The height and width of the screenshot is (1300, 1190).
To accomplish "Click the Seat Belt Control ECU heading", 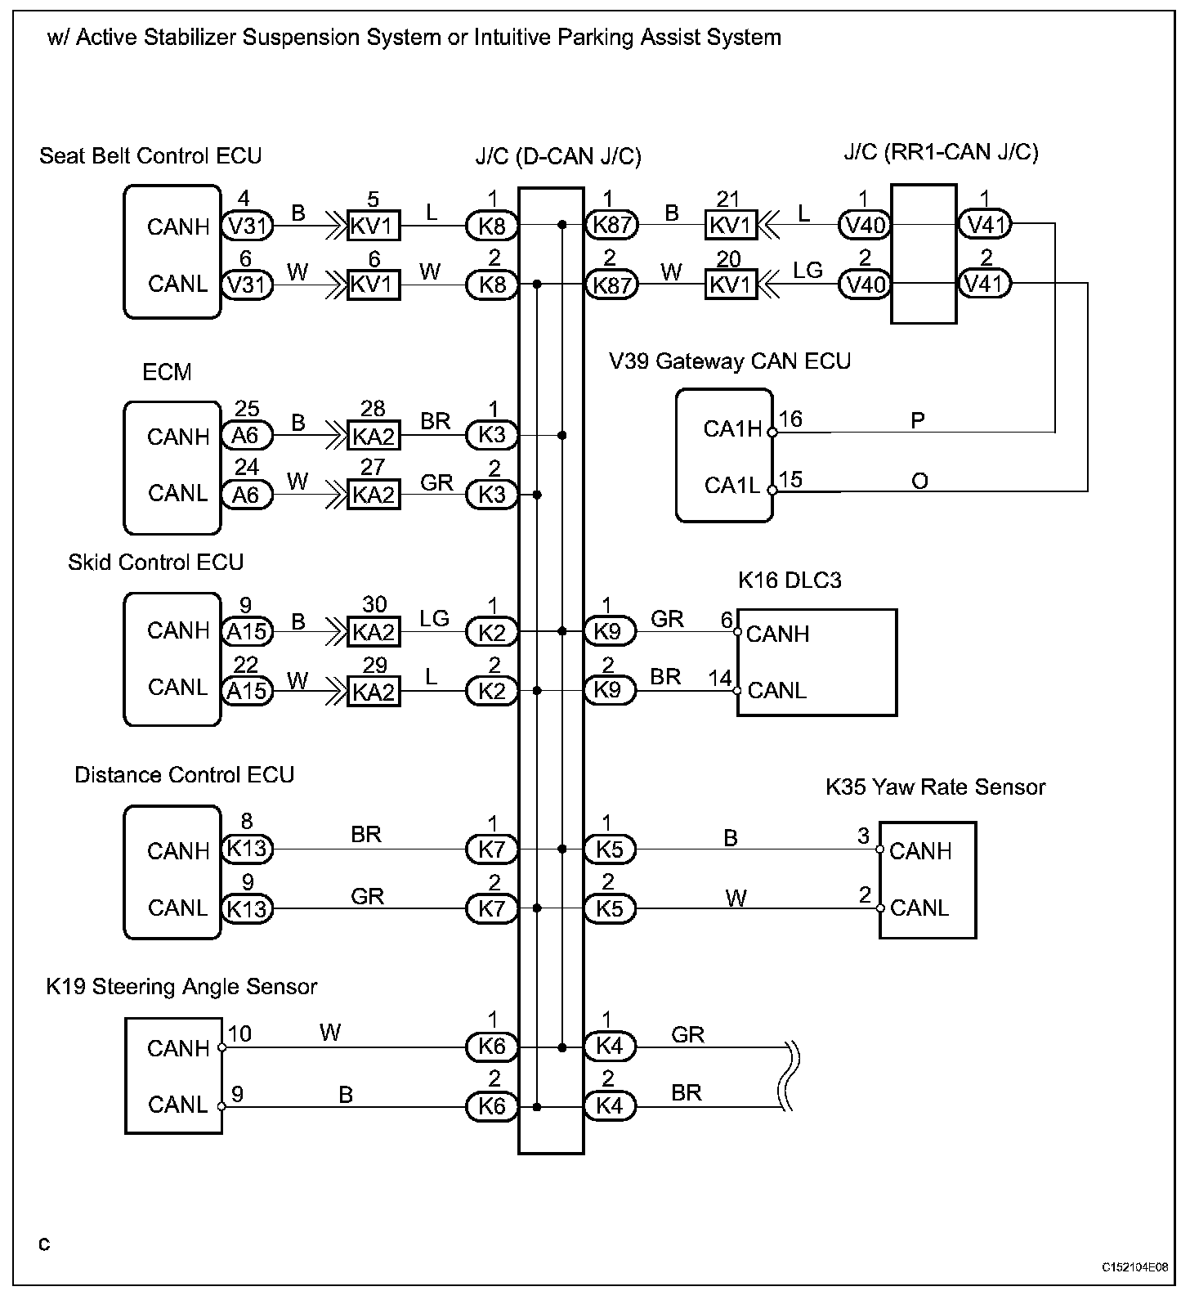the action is click(x=150, y=156).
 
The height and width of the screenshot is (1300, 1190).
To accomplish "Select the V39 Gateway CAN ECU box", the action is click(x=724, y=455).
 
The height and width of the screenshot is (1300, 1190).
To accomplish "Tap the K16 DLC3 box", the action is click(x=817, y=662).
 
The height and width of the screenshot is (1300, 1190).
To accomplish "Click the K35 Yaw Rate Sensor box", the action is click(x=928, y=880).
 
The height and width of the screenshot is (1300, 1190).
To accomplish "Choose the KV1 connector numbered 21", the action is click(x=731, y=225).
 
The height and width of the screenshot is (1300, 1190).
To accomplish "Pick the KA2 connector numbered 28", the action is click(x=374, y=436).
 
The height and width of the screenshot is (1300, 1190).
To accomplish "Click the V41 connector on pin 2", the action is click(x=985, y=284).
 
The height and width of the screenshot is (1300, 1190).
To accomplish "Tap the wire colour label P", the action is click(x=918, y=421).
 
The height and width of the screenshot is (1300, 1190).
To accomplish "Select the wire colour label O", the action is click(x=919, y=482).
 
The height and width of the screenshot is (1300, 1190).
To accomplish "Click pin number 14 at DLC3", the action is click(x=720, y=678).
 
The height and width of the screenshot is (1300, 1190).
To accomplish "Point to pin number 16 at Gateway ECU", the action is click(x=790, y=419).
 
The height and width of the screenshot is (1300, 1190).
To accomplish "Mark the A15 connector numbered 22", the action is click(x=247, y=691).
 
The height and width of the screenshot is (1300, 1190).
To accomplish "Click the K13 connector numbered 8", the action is click(x=247, y=849).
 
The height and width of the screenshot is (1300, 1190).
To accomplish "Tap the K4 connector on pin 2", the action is click(x=610, y=1107).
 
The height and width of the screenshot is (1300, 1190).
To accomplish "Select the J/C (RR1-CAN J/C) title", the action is click(x=942, y=153).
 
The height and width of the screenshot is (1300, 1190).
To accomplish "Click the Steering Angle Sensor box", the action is click(x=173, y=1076).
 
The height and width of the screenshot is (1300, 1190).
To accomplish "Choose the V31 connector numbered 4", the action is click(x=247, y=225).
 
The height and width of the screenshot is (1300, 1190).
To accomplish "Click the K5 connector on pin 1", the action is click(x=610, y=849).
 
